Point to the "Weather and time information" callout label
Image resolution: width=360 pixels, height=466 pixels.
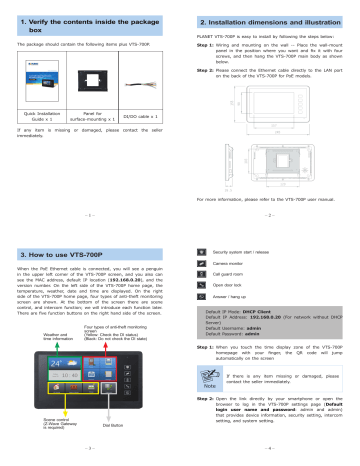click(43, 337)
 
